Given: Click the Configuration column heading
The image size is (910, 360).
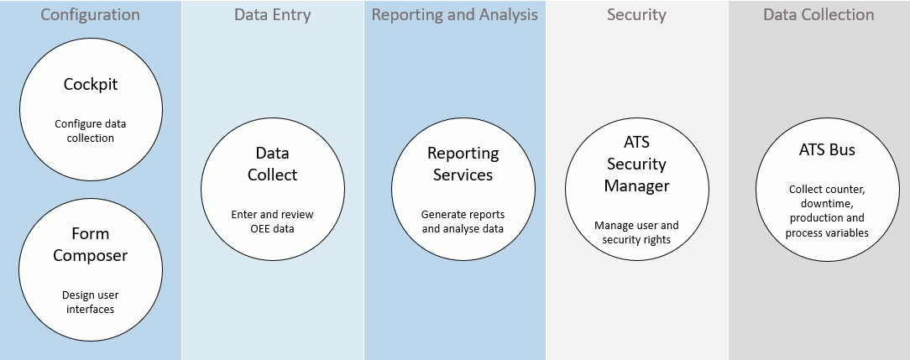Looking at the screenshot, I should [90, 15].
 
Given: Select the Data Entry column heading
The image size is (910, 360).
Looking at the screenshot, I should [272, 15].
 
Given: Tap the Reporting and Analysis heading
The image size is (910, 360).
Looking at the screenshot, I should [455, 15].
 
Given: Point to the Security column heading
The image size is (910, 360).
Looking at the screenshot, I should [636, 15].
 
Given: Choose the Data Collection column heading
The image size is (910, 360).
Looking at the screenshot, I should [818, 15].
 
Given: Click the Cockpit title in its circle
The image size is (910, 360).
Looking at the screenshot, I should [91, 84].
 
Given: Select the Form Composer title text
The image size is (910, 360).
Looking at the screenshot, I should [90, 244].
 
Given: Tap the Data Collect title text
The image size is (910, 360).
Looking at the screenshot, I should [272, 164].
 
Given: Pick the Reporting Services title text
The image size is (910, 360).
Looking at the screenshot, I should [463, 164].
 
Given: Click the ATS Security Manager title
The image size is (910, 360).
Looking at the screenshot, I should [636, 164].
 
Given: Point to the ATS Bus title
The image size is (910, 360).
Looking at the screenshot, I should [827, 149].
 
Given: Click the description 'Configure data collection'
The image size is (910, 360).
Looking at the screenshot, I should [91, 131].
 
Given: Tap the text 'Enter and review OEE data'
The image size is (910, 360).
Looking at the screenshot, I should [272, 222].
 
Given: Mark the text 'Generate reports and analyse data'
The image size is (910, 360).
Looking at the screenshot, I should [463, 222].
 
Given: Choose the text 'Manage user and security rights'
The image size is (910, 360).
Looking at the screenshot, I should [636, 232].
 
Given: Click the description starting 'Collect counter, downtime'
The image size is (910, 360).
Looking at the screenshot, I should [827, 211].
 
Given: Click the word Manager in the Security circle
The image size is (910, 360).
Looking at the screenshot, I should [636, 185].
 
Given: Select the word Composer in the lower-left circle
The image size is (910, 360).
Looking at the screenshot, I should [90, 255].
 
